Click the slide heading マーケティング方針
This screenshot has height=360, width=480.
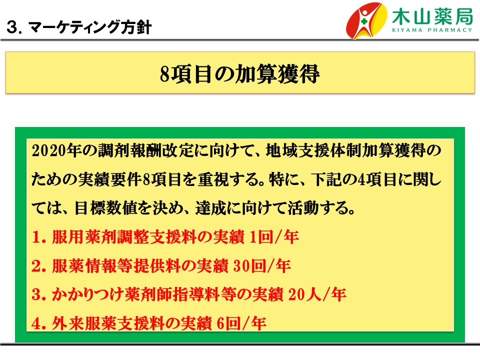click(x=90, y=27)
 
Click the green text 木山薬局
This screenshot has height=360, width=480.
click(x=432, y=16)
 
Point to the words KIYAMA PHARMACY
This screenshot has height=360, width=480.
click(x=432, y=30)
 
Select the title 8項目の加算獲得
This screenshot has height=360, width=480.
click(x=239, y=74)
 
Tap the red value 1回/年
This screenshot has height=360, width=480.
click(x=274, y=236)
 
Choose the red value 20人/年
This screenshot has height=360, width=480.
click(x=317, y=294)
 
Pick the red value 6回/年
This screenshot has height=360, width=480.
click(x=241, y=323)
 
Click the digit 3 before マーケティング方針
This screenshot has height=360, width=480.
click(x=12, y=27)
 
